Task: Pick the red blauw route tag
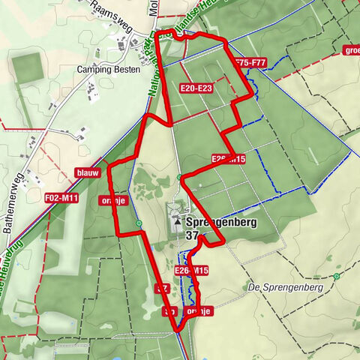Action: point(87,173)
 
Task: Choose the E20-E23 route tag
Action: point(196,88)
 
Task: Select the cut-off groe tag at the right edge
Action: point(350,50)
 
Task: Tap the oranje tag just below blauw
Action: point(115,200)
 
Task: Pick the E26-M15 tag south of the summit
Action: point(191,270)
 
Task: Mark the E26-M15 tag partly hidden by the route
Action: point(228,159)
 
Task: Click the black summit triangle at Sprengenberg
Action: point(177,223)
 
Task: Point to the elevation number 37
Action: point(192,235)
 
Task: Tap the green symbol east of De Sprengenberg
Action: point(337,276)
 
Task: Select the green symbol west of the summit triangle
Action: point(139,223)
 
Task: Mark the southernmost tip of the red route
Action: point(176,329)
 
